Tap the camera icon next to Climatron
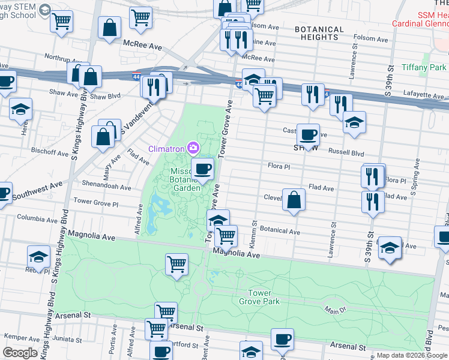click(193, 147)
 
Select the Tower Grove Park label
click(264, 297)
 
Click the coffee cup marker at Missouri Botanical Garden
click(202, 169)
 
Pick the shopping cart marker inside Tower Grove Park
click(176, 264)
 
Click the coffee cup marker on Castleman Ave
click(308, 134)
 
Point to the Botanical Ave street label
click(279, 231)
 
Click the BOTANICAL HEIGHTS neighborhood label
click(319, 33)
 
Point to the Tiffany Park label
click(423, 67)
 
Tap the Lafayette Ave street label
click(422, 95)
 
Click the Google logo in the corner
click(20, 353)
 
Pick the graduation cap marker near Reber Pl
click(38, 257)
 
